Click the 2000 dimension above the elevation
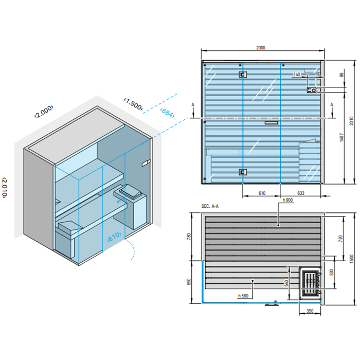coord(261,47)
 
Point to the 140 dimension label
coord(296,75)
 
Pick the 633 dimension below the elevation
coord(301,193)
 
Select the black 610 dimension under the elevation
coord(261,193)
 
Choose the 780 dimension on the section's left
coord(188,237)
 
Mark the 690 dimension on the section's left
coord(188,282)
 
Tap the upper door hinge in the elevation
coord(242,75)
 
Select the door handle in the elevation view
coord(271,123)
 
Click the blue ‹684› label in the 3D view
coord(167,113)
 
